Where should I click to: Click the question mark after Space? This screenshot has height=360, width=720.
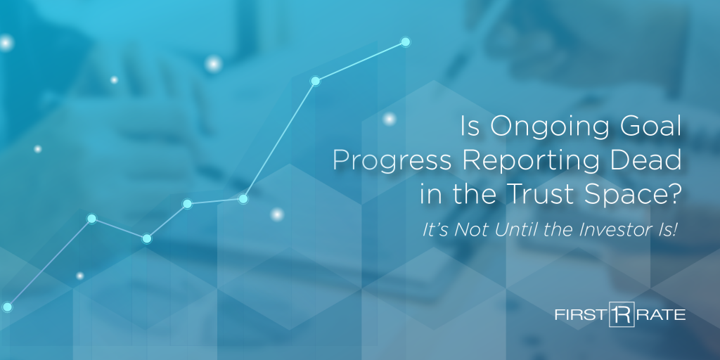(673, 194)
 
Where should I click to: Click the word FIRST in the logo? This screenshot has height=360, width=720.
(580, 315)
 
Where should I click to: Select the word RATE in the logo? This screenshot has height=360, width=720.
(661, 315)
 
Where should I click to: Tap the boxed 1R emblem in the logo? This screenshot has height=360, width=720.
(622, 314)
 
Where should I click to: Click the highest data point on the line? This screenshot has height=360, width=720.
(405, 42)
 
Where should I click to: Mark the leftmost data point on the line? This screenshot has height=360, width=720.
(7, 307)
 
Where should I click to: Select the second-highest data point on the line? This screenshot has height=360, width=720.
(315, 82)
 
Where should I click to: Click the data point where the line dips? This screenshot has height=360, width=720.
(146, 238)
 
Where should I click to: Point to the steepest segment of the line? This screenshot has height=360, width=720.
(279, 140)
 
